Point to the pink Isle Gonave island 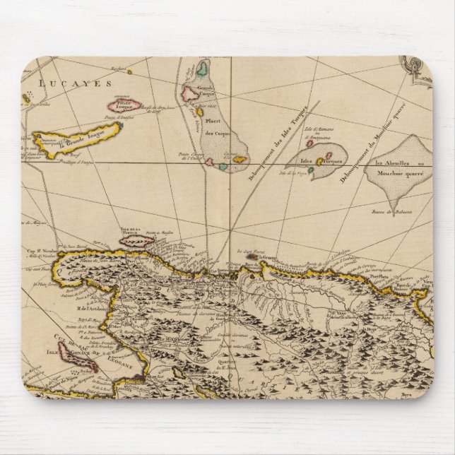[76, 357]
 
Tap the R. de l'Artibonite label [90, 307]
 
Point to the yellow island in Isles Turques [320, 162]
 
